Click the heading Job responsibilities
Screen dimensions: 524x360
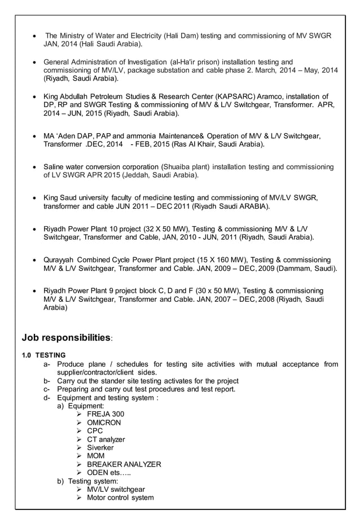pos(66,338)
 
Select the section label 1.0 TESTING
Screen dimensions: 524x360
pos(43,355)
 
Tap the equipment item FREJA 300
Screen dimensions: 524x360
pos(106,414)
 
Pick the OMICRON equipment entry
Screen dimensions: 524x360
pos(104,422)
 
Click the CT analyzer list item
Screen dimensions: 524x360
pos(106,439)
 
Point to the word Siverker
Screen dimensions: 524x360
pos(100,448)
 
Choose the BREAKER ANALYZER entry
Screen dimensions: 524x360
pos(124,464)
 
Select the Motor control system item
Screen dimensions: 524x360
pos(120,498)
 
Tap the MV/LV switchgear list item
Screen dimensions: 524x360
pos(116,490)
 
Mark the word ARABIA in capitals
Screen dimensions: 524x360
pos(254,206)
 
